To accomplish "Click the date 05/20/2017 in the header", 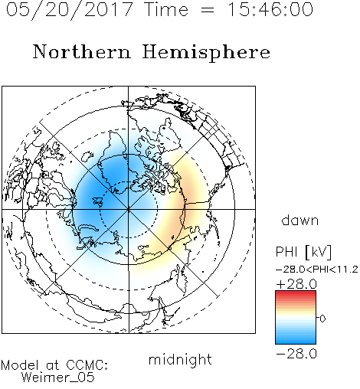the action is tap(70, 10).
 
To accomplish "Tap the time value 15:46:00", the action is tap(270, 9).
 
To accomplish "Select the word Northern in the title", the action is tap(82, 51).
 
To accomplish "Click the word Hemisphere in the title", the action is tap(206, 53).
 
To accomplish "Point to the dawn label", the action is tap(300, 220).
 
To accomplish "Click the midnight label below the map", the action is tap(180, 360).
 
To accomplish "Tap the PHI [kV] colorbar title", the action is tap(303, 252).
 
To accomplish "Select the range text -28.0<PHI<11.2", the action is tap(317, 270).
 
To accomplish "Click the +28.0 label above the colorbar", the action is tap(296, 284).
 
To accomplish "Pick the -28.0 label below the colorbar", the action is tap(296, 354).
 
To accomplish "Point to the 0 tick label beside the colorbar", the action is tap(322, 319).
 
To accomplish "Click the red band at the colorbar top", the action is tap(296, 294).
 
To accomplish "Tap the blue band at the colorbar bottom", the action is tap(296, 340).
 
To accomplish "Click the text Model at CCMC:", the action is tap(54, 365).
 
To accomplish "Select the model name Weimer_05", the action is tap(58, 378).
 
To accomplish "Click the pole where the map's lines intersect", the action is tap(129, 209).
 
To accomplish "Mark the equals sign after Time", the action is tap(207, 11).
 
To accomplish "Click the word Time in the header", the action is tap(166, 9).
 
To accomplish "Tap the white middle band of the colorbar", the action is tap(296, 319).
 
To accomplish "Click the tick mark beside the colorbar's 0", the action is tap(318, 318).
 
